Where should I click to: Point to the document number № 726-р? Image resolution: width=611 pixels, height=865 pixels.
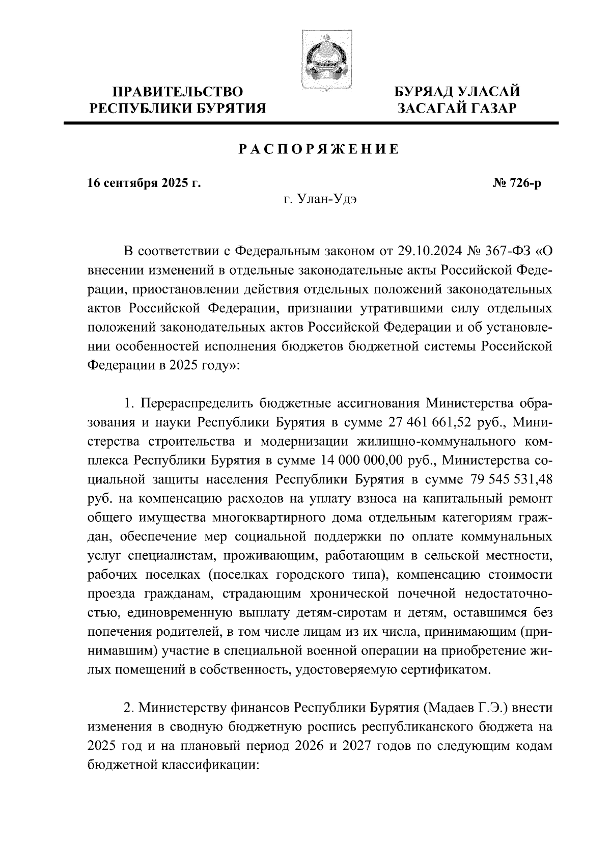click(516, 183)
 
